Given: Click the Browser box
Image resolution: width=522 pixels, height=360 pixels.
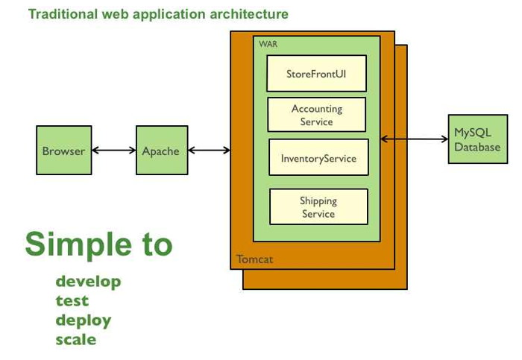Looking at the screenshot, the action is point(64,150).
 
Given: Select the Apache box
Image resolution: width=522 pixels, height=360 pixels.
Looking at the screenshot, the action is point(162,150).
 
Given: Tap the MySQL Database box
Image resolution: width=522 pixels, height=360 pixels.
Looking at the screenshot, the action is point(478,139).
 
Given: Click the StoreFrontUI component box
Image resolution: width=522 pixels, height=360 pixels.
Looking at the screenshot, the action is point(317,73).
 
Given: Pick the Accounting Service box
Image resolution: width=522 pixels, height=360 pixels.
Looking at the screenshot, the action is point(317,115).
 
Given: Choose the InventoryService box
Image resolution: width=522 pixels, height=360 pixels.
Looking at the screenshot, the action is point(318,157).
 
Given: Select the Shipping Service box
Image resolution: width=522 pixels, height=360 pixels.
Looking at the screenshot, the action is point(318,206).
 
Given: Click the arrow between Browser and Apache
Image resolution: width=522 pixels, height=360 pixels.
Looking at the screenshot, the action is point(114,151).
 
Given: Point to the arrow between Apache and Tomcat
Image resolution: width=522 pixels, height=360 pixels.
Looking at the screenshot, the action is point(209,151).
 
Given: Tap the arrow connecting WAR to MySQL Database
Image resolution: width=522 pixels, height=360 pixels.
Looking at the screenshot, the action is point(415,139).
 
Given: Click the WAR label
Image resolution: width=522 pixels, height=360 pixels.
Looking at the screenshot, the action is point(268,44).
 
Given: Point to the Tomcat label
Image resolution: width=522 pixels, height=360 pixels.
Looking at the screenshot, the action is point(255,259).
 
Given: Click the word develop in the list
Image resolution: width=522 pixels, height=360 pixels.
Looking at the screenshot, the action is point(88,282).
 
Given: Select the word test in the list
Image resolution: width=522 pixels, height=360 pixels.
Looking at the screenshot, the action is point(72,301).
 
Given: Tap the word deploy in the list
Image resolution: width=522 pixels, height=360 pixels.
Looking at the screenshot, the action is point(84,320).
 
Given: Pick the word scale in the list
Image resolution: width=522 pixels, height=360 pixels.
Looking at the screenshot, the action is point(76,339).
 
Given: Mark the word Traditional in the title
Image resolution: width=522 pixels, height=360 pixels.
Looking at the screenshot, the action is point(63,14).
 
